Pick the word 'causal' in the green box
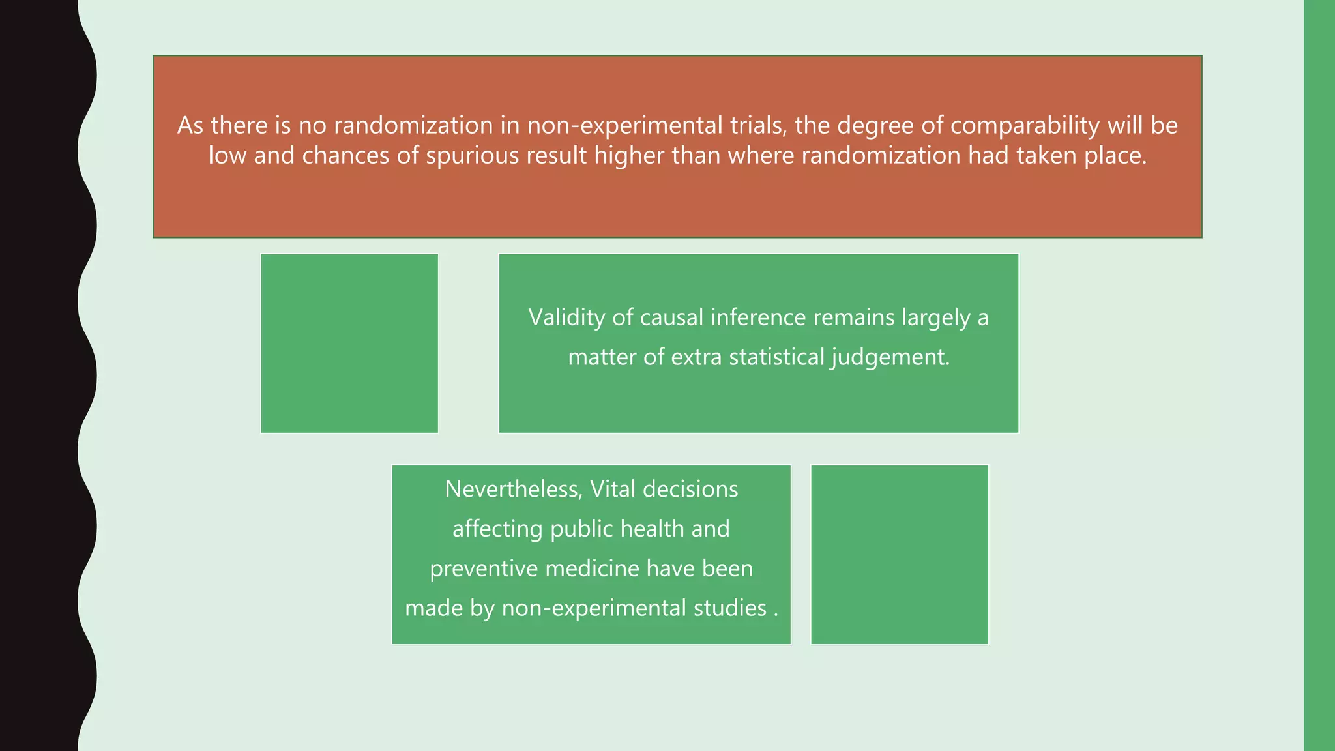(671, 317)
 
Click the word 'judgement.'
(890, 357)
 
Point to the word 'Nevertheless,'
(514, 489)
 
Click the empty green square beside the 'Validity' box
(349, 344)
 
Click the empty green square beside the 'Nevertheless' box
(900, 555)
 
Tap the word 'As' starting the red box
(190, 125)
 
